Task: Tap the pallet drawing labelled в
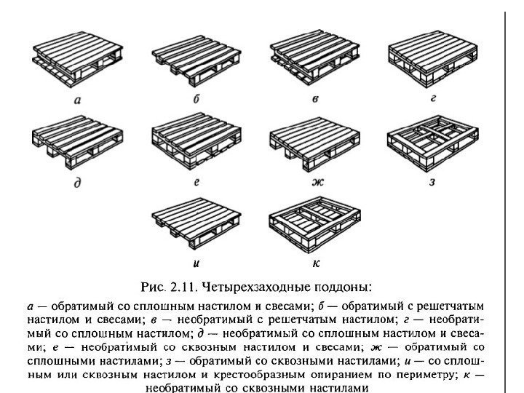(x=314, y=60)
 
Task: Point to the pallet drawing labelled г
(x=433, y=60)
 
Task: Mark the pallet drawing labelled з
(x=433, y=143)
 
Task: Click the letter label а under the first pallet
(x=77, y=101)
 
